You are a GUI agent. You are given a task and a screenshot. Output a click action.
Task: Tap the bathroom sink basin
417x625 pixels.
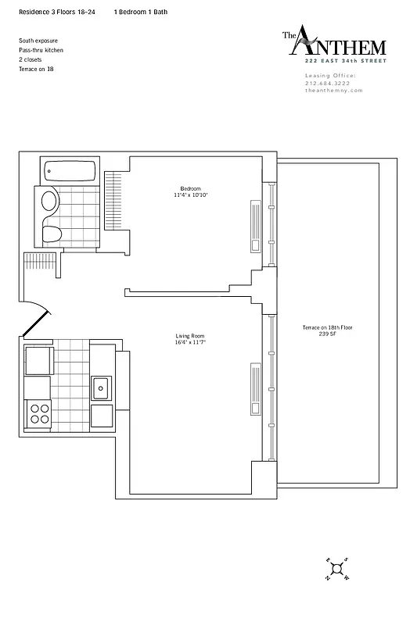49,202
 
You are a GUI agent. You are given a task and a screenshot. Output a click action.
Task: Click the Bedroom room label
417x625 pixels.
190,188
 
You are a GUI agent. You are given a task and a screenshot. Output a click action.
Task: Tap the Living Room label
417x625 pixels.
190,337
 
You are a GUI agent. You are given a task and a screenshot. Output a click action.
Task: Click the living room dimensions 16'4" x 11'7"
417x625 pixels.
190,343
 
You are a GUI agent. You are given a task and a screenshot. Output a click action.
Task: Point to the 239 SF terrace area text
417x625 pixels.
327,334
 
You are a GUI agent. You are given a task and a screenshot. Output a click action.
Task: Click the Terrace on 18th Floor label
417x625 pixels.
327,327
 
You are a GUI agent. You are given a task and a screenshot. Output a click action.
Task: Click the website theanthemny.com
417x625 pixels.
334,90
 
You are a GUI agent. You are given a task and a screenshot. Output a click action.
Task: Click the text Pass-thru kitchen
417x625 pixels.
41,50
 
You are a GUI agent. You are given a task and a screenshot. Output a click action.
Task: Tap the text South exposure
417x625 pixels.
38,40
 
